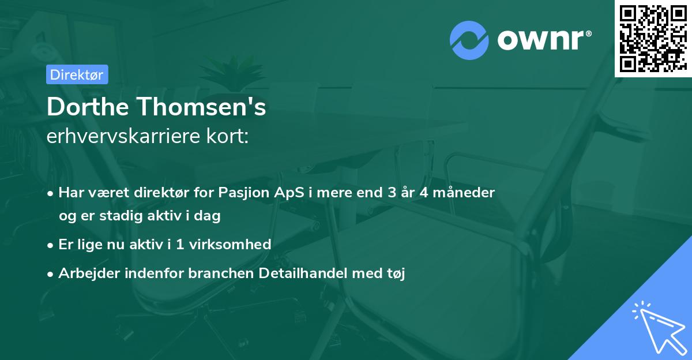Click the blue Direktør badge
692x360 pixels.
77,74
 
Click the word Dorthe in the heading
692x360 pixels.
88,107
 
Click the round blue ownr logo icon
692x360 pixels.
469,40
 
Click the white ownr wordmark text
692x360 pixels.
544,40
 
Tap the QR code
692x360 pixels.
653,39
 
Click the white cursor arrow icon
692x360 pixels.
660,328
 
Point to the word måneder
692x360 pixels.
464,193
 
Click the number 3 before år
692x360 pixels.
392,193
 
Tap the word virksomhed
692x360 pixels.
230,245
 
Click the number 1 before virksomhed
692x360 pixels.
180,245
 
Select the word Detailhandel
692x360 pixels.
303,273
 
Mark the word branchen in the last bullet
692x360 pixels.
221,273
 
